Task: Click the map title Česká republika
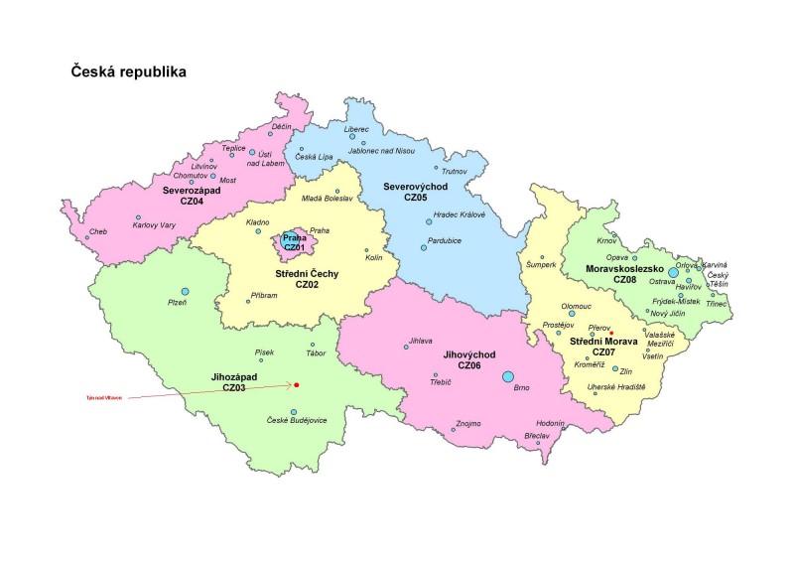click(128, 72)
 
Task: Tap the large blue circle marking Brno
click(508, 376)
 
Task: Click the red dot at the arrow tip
click(297, 385)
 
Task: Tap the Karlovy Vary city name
click(154, 225)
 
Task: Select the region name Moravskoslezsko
click(624, 268)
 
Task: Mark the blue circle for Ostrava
click(674, 270)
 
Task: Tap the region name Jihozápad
click(234, 377)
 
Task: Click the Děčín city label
click(281, 126)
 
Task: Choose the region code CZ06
click(471, 365)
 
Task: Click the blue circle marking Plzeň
click(185, 291)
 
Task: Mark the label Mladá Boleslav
click(327, 198)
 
